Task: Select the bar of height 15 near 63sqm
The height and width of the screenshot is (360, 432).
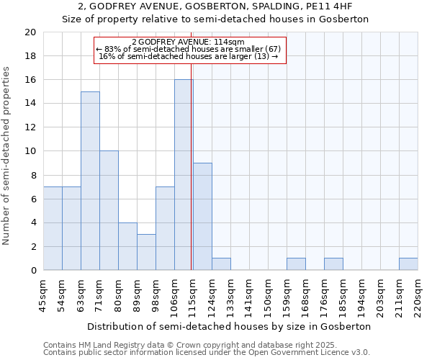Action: click(x=90, y=181)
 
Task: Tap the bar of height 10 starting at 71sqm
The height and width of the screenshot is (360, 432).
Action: click(x=109, y=210)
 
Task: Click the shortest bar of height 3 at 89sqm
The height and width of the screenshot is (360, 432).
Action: click(x=146, y=252)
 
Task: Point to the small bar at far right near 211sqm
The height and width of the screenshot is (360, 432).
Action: click(x=408, y=264)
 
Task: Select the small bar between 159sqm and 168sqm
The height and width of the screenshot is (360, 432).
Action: click(x=296, y=264)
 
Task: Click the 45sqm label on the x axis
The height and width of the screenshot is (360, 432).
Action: click(x=43, y=295)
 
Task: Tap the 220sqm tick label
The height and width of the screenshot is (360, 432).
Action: click(x=418, y=295)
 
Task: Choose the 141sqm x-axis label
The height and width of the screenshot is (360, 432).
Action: click(x=249, y=295)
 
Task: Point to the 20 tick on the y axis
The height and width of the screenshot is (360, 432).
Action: click(x=30, y=32)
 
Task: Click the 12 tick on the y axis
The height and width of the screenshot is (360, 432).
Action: click(x=30, y=127)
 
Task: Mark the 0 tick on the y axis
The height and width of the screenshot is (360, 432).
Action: click(x=32, y=270)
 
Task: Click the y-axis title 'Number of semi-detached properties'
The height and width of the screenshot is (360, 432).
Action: click(x=7, y=156)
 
